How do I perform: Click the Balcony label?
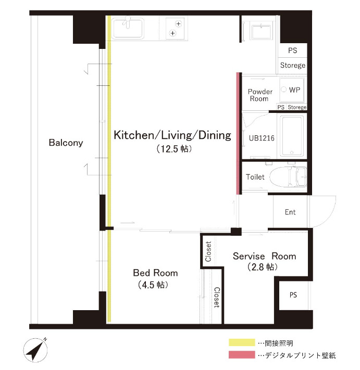click(66, 143)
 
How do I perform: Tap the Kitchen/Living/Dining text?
click(172, 136)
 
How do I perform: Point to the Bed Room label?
click(155, 273)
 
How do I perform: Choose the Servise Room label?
click(264, 256)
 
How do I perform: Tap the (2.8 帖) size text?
click(262, 267)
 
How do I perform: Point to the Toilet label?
click(255, 177)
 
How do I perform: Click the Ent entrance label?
click(290, 212)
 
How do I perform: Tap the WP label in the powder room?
click(294, 90)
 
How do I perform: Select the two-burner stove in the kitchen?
click(176, 28)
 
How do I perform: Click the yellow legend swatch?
click(242, 343)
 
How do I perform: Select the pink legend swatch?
click(242, 355)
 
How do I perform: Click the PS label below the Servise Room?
click(293, 295)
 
